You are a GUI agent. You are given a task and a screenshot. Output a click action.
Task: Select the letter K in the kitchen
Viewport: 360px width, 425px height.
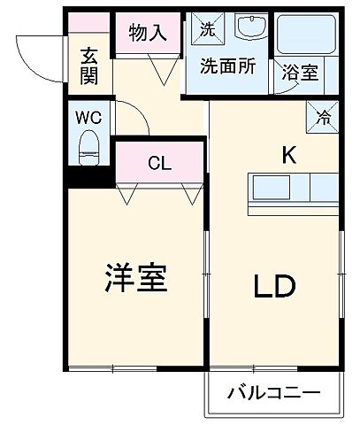287,154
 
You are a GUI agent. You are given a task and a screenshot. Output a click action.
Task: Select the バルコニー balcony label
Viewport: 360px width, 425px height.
272,392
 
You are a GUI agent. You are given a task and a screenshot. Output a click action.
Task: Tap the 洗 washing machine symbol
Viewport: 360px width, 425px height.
205,28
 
